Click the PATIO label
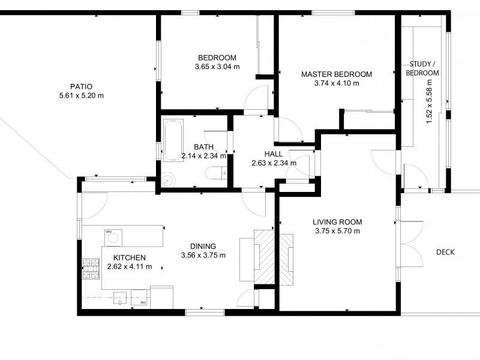coord(81,86)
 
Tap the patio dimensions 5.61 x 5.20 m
coord(81,95)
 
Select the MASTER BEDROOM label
coord(336,74)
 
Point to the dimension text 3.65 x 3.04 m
coord(217,67)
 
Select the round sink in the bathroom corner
coord(169,178)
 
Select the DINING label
coord(203,246)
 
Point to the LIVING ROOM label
coord(338,221)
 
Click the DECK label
coord(445,252)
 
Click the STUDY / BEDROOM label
coord(422,68)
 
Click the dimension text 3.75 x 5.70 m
coord(338,231)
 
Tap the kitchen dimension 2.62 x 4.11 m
coord(129,266)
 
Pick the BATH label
coord(203,147)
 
